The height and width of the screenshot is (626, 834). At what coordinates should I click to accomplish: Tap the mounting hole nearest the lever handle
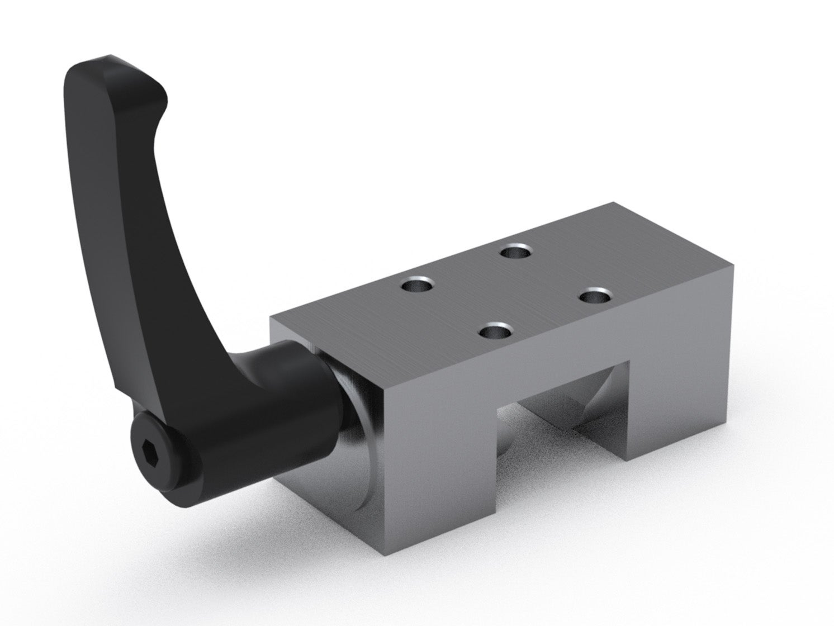pos(419,286)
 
